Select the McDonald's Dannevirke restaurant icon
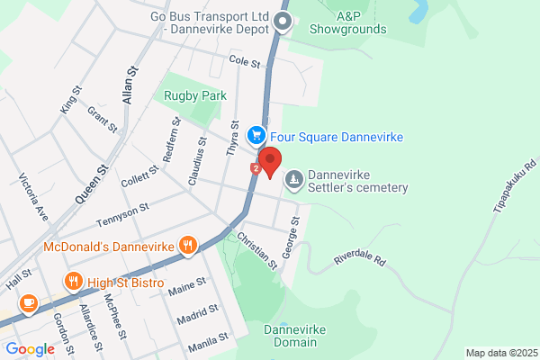[x=187, y=244]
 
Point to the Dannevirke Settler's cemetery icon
[x=293, y=182]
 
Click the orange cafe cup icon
[x=29, y=302]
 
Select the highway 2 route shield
[x=257, y=167]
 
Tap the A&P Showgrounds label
[x=360, y=22]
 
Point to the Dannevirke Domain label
[x=290, y=336]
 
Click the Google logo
[x=30, y=349]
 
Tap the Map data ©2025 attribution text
[x=499, y=352]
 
